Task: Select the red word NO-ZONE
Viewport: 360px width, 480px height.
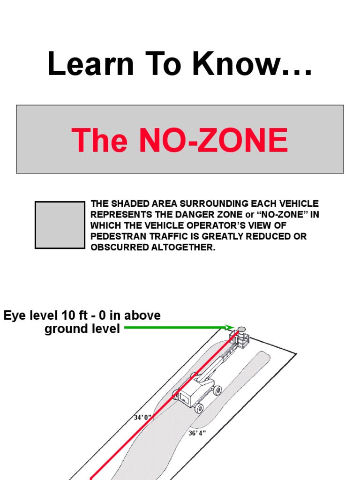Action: [214, 140]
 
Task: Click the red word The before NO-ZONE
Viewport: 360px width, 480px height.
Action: [99, 140]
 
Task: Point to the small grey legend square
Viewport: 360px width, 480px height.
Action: [60, 225]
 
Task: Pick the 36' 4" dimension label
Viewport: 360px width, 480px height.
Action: [197, 433]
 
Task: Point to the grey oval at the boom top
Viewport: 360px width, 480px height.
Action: [242, 330]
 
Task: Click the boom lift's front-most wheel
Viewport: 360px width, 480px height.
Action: [199, 408]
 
